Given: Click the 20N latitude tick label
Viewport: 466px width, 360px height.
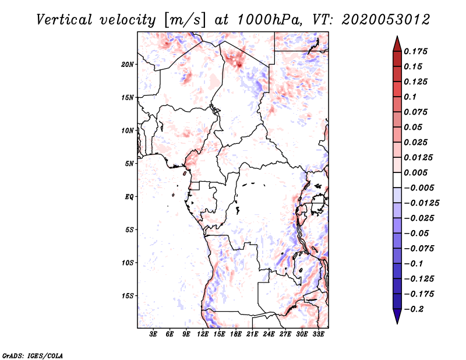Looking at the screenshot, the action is point(128,65).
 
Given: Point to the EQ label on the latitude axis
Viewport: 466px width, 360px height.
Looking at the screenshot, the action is point(129,197).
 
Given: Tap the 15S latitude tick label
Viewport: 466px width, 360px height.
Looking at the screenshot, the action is point(128,296).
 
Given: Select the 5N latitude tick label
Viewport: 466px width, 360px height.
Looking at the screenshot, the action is point(129,164).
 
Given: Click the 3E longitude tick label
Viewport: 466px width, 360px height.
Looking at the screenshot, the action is point(153,334).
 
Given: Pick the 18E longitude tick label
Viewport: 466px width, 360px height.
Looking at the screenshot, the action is point(236,334).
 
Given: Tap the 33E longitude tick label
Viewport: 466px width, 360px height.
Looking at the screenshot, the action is point(318,334).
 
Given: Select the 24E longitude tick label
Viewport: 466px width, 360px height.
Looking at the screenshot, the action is point(269,334).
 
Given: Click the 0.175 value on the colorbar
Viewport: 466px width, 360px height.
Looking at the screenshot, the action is point(415,51).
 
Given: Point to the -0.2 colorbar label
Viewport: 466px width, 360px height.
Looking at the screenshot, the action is point(413,309).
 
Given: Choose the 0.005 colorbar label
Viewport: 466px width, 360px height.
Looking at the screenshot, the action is point(415,172).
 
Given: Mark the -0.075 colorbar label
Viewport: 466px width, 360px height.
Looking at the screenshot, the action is point(418,249).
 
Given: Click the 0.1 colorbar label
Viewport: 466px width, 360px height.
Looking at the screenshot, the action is point(410,97).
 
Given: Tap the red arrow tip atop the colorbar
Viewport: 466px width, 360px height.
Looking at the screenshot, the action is point(397,37).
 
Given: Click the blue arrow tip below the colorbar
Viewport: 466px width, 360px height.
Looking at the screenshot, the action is point(397,323).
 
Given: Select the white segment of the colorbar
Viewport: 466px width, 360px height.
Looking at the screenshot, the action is point(397,180).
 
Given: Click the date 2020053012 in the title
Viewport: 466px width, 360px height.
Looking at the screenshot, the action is point(386,20).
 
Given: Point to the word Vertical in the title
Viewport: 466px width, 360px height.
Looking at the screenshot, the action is point(64,20).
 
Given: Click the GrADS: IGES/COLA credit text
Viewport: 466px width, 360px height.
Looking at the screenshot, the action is point(33,355).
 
